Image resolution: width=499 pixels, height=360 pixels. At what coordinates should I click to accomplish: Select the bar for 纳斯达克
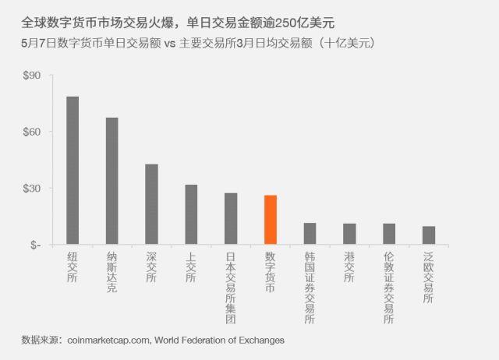pyautogui.click(x=112, y=181)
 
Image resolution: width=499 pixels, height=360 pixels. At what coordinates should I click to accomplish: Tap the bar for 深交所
pyautogui.click(x=151, y=204)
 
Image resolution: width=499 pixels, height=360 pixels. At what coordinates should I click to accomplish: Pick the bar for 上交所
pyautogui.click(x=191, y=214)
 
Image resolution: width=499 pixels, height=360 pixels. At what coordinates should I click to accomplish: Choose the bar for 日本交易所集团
pyautogui.click(x=231, y=219)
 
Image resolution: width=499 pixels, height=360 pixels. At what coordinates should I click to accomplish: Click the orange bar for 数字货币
pyautogui.click(x=271, y=220)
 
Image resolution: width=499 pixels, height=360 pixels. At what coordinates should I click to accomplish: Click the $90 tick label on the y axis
pyautogui.click(x=33, y=76)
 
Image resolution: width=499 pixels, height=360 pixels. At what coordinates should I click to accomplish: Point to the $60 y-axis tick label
pyautogui.click(x=33, y=132)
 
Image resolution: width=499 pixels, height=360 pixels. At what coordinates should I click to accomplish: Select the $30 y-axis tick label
pyautogui.click(x=33, y=189)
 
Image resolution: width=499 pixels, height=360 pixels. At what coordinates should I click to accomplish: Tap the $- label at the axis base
pyautogui.click(x=35, y=245)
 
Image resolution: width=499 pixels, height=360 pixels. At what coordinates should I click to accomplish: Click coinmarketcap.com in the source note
pyautogui.click(x=110, y=341)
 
